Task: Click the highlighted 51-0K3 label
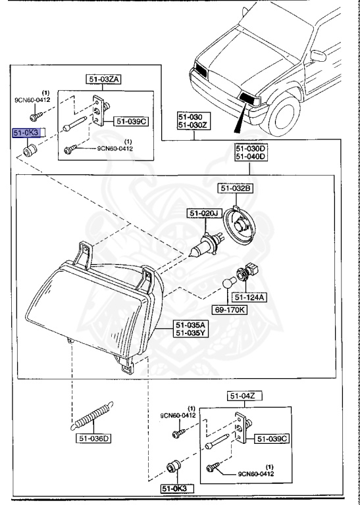tap(26, 132)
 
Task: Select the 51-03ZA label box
tap(103, 79)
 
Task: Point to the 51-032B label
tap(235, 189)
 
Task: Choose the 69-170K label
tap(230, 310)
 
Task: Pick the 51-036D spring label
tap(93, 438)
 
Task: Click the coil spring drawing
tap(93, 416)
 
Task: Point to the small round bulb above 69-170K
tap(229, 284)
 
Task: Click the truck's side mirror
tap(318, 56)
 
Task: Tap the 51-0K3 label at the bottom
tap(177, 489)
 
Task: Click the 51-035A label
tap(190, 324)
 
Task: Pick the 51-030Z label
tap(193, 126)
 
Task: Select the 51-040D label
tap(251, 157)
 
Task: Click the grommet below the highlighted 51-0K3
tap(30, 151)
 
